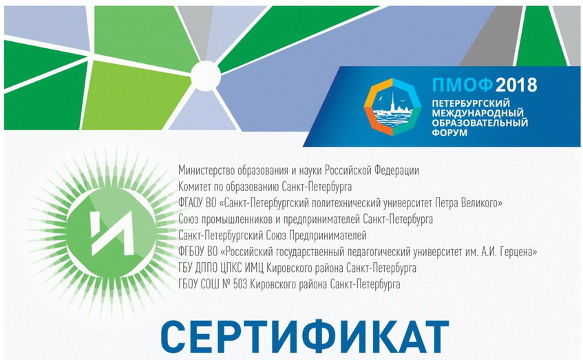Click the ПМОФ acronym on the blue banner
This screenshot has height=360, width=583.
point(462,85)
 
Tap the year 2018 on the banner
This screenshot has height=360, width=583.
point(516,85)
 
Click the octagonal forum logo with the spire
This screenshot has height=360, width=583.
point(392,107)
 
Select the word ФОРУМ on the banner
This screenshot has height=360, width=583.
point(449,133)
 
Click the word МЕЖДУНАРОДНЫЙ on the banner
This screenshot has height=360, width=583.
point(478,113)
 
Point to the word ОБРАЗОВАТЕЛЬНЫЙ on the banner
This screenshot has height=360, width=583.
point(480,123)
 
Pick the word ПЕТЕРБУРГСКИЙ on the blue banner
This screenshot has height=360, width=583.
point(471,103)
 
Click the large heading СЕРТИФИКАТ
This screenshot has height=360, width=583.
point(304,338)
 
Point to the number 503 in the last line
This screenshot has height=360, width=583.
point(240,284)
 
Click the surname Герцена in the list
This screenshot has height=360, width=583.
point(519,252)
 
